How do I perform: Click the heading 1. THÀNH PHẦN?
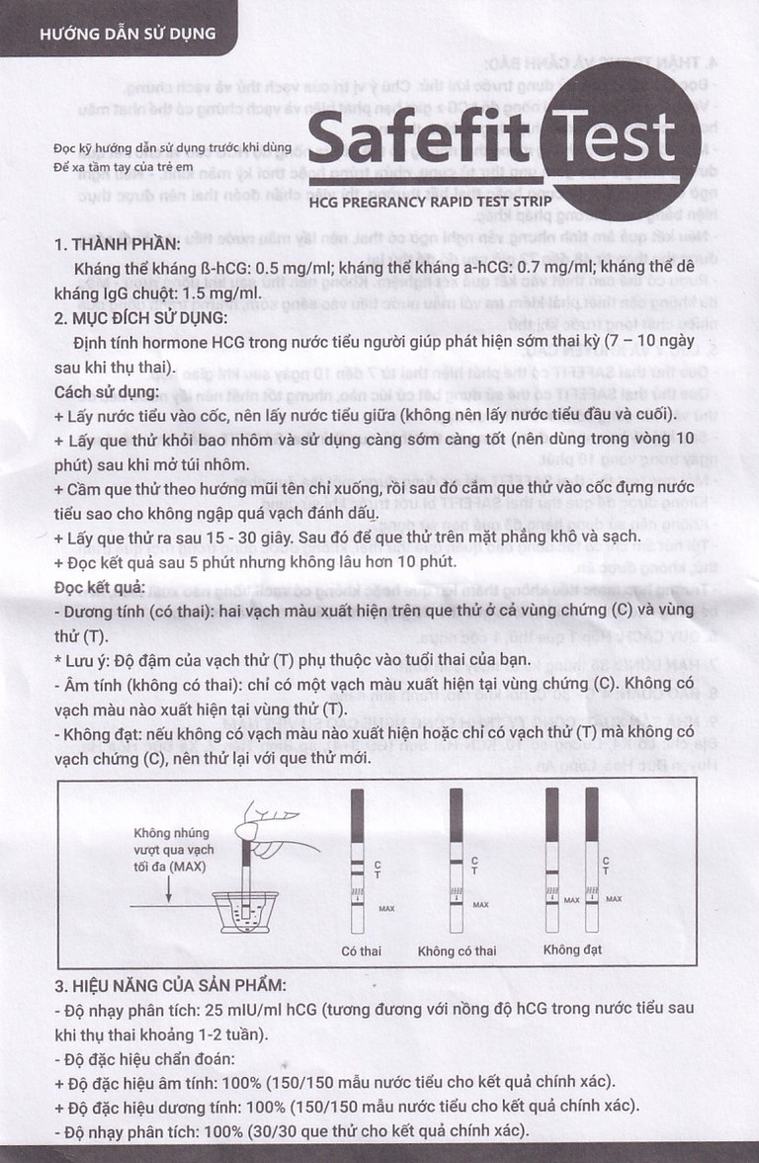(118, 245)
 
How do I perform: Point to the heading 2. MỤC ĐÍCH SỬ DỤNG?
(141, 318)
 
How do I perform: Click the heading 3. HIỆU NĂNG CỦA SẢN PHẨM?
(171, 985)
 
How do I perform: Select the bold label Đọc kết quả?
(100, 588)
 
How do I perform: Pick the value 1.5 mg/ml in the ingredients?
(217, 293)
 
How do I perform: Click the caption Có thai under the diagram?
(362, 952)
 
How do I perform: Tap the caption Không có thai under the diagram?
(457, 952)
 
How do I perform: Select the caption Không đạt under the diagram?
(572, 951)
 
